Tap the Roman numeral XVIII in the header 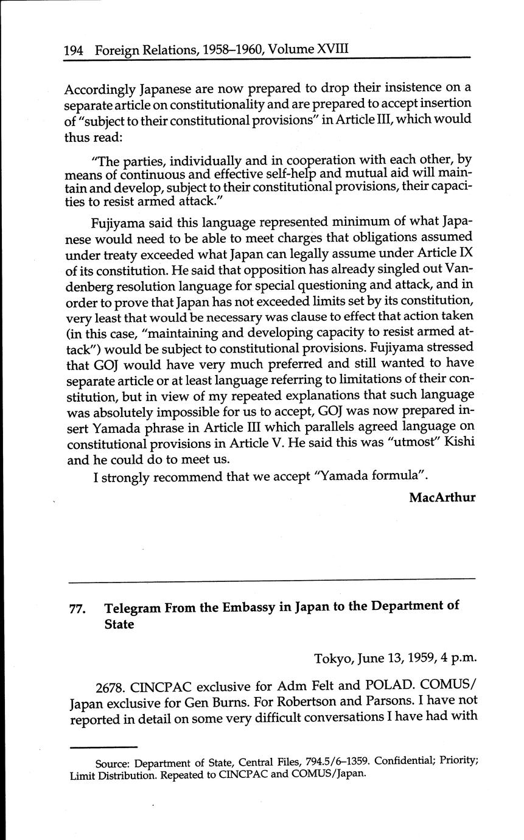point(332,47)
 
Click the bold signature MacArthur point(442,497)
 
